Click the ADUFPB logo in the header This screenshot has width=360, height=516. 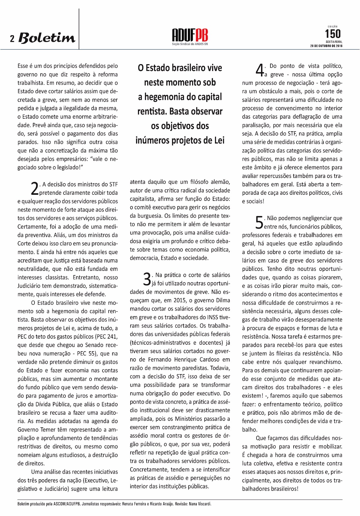[x=190, y=36]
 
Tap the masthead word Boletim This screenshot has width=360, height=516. [x=47, y=38]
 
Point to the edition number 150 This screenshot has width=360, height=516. [x=332, y=34]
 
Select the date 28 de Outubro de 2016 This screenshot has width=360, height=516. [x=326, y=46]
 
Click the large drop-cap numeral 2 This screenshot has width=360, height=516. [x=34, y=189]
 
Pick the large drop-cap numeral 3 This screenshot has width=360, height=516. [x=147, y=279]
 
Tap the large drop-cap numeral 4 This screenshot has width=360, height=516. [x=259, y=70]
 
